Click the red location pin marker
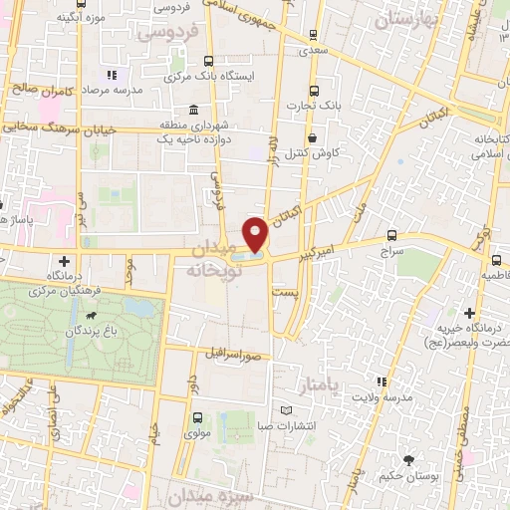[256, 234]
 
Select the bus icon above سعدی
[315, 34]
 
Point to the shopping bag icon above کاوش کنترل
[313, 138]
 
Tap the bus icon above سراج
[391, 237]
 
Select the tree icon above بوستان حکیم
[408, 459]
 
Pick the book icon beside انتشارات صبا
[287, 410]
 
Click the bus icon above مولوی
[196, 418]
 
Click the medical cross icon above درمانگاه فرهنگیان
[65, 260]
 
